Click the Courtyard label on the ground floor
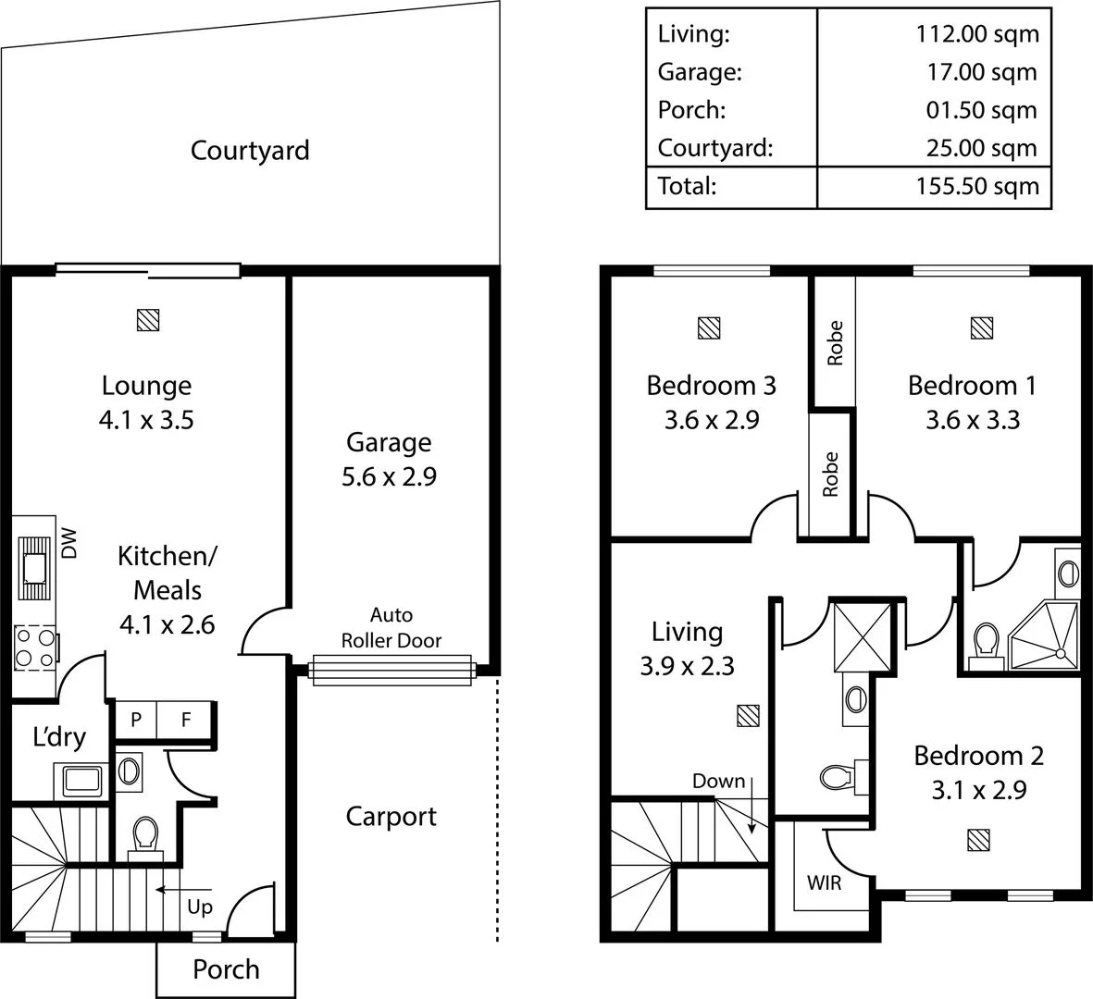250,151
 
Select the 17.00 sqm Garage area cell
982,72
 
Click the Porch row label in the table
691,110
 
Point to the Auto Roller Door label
391,628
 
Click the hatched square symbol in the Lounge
148,320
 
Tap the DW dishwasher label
69,543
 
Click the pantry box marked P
135,720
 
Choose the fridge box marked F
186,720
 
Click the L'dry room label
59,737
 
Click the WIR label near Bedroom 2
824,882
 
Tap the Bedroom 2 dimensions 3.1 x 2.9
978,791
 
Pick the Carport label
391,817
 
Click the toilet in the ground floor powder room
145,836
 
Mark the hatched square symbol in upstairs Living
748,716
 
